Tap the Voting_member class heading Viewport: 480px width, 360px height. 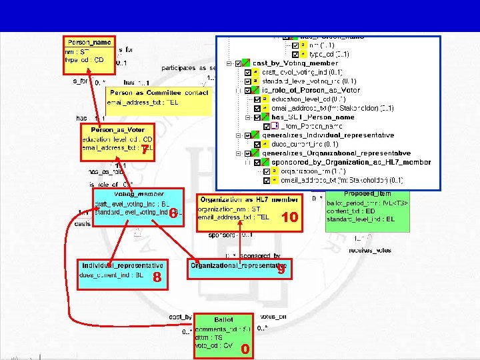[x=139, y=194]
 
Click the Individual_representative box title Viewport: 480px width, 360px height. [x=122, y=265]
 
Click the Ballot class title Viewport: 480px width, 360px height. [x=223, y=319]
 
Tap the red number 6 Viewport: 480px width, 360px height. [x=172, y=214]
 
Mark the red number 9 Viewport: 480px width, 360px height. [x=281, y=270]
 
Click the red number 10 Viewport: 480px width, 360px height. [x=289, y=217]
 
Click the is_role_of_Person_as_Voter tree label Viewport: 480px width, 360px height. [x=311, y=89]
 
